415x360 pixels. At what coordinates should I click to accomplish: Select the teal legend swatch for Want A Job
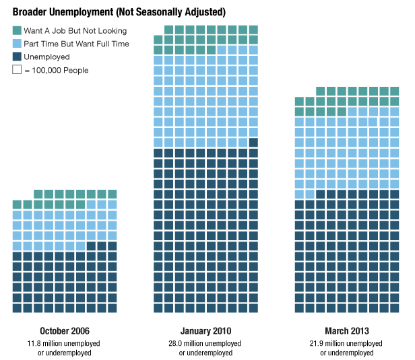tap(17, 31)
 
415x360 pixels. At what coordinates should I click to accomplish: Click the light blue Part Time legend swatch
tap(17, 44)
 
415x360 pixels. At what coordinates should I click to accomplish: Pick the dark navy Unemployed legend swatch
tap(17, 57)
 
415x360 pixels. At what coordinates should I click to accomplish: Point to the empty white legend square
tap(17, 70)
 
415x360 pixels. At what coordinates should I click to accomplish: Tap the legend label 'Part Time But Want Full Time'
tap(76, 44)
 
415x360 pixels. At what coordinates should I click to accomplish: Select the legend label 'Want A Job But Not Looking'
tap(75, 31)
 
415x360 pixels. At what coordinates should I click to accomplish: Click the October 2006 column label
tap(64, 331)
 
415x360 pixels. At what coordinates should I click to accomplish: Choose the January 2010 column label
tap(206, 331)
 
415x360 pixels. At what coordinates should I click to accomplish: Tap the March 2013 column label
tap(346, 331)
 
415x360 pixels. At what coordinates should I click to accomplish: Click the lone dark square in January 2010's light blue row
tap(253, 143)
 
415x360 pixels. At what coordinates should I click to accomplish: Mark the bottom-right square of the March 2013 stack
tap(393, 308)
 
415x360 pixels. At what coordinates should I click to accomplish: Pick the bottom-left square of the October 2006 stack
tap(17, 308)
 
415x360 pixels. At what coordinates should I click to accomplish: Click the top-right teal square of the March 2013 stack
tap(393, 91)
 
